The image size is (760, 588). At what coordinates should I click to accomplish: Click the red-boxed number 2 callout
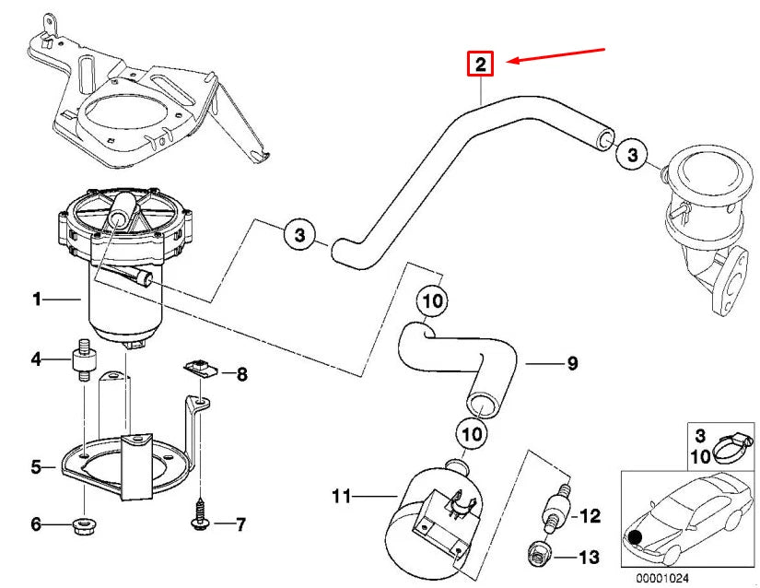click(480, 64)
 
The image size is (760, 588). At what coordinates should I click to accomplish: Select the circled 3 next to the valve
click(632, 154)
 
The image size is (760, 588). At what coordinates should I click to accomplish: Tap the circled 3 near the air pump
click(299, 236)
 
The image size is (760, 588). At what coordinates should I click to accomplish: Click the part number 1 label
click(37, 299)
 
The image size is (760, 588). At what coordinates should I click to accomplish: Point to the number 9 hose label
click(571, 364)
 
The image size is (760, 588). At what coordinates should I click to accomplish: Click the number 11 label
click(342, 497)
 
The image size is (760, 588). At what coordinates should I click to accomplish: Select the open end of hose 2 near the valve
click(603, 140)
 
